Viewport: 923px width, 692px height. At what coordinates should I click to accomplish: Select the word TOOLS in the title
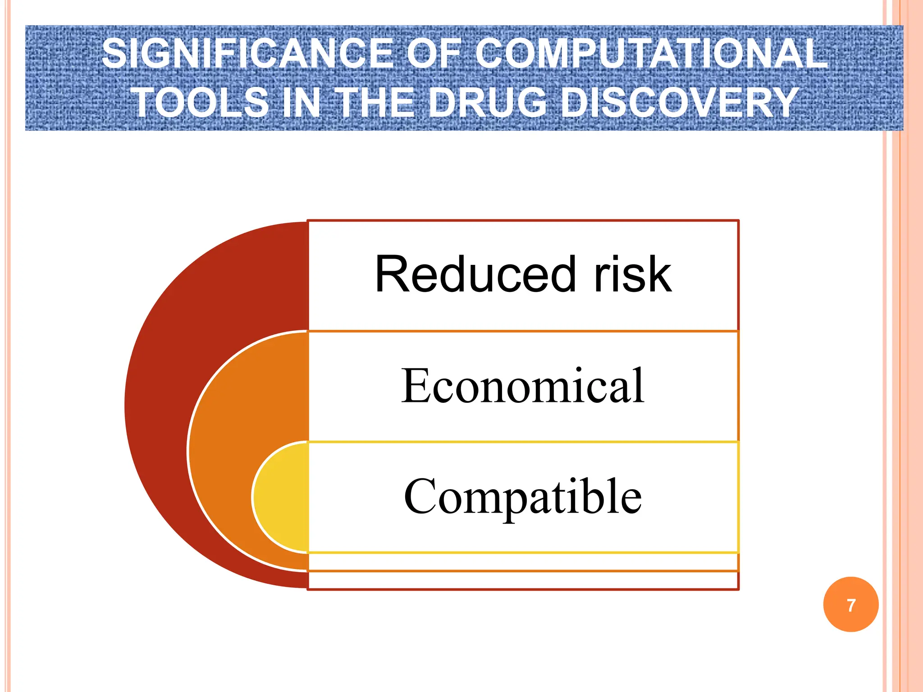200,103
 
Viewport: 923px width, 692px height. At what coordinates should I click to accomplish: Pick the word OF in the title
434,54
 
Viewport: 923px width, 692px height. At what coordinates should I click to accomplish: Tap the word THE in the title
375,103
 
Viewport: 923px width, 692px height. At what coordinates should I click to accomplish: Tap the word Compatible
523,496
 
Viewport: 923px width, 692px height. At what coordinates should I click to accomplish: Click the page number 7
851,605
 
